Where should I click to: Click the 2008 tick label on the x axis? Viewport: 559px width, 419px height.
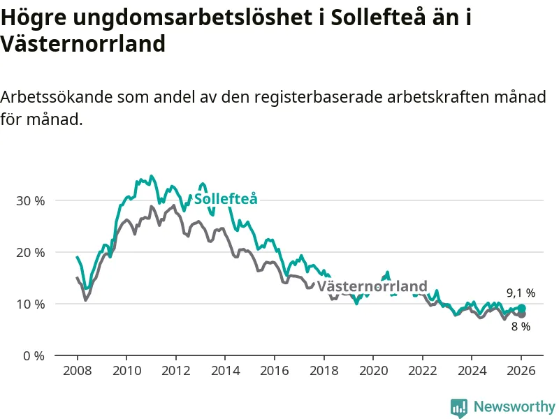tap(76, 370)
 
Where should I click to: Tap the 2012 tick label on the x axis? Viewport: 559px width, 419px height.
tap(175, 370)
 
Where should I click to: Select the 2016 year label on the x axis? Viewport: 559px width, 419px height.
tap(274, 370)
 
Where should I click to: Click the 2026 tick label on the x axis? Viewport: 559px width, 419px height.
tap(521, 370)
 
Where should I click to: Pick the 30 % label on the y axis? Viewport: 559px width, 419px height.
tap(30, 200)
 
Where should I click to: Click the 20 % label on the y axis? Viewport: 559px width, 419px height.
tap(30, 252)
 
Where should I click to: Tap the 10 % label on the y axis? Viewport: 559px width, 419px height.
tap(30, 304)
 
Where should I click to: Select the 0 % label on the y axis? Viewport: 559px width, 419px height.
tap(33, 355)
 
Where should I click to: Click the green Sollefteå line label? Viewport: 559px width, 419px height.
tap(226, 199)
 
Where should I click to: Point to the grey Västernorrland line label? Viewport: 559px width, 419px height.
tap(372, 286)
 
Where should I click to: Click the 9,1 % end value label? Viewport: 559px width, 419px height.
tap(521, 293)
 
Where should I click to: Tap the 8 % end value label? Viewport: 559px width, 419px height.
tap(521, 326)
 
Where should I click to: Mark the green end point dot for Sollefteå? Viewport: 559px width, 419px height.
tap(521, 309)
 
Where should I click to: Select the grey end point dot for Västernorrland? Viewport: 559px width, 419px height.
tap(521, 314)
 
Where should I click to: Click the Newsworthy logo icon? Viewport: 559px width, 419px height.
tap(459, 407)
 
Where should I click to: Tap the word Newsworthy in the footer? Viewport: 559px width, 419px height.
tap(514, 406)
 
